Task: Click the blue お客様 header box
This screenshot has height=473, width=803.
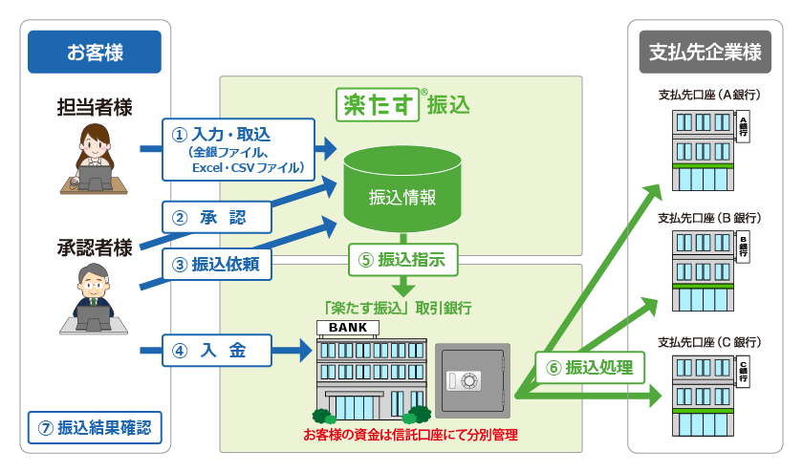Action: (x=94, y=53)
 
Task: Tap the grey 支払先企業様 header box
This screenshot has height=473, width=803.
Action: (x=705, y=53)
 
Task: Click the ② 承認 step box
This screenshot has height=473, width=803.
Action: (x=217, y=218)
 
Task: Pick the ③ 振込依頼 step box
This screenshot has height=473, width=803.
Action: (x=217, y=263)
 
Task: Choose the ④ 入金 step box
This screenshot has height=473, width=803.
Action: (x=217, y=351)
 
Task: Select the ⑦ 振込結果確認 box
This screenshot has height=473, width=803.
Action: (x=94, y=426)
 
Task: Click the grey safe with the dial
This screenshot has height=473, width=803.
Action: (x=472, y=379)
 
